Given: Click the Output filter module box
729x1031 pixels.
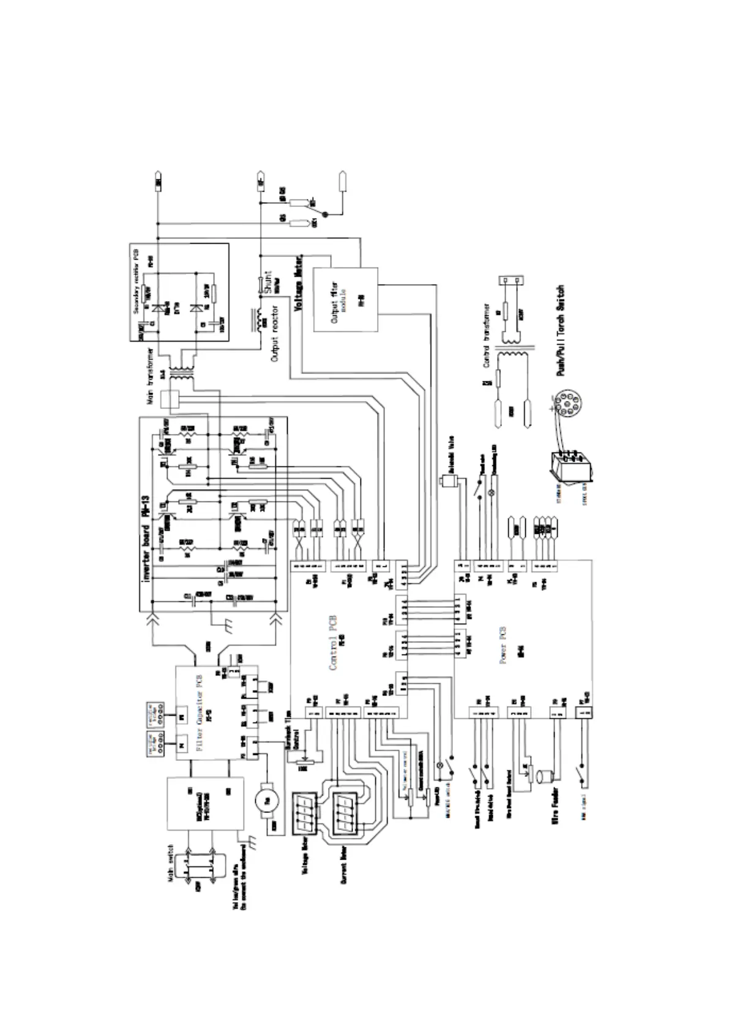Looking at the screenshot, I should point(346,299).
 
